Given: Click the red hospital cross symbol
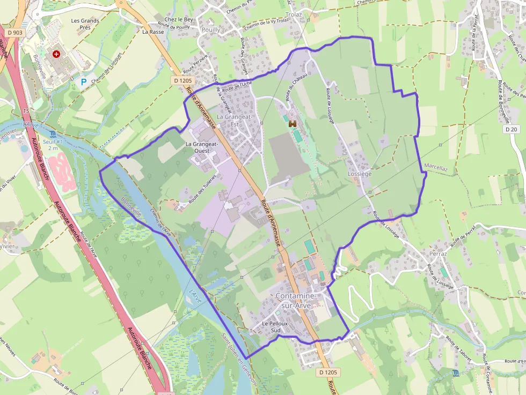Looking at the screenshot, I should tap(56, 54).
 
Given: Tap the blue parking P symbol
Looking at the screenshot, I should tap(83, 82).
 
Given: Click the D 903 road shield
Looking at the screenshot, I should tap(16, 33).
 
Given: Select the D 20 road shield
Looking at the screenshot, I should tap(512, 129).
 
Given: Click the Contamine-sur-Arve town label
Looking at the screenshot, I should tap(297, 300).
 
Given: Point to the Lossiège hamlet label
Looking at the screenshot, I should tap(360, 174).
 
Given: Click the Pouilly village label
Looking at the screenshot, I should tap(210, 30).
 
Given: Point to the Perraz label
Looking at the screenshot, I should tap(438, 253).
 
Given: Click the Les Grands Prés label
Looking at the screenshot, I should tap(85, 25).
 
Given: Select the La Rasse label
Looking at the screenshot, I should tap(153, 32).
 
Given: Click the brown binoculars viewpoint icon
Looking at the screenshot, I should tap(293, 124).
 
